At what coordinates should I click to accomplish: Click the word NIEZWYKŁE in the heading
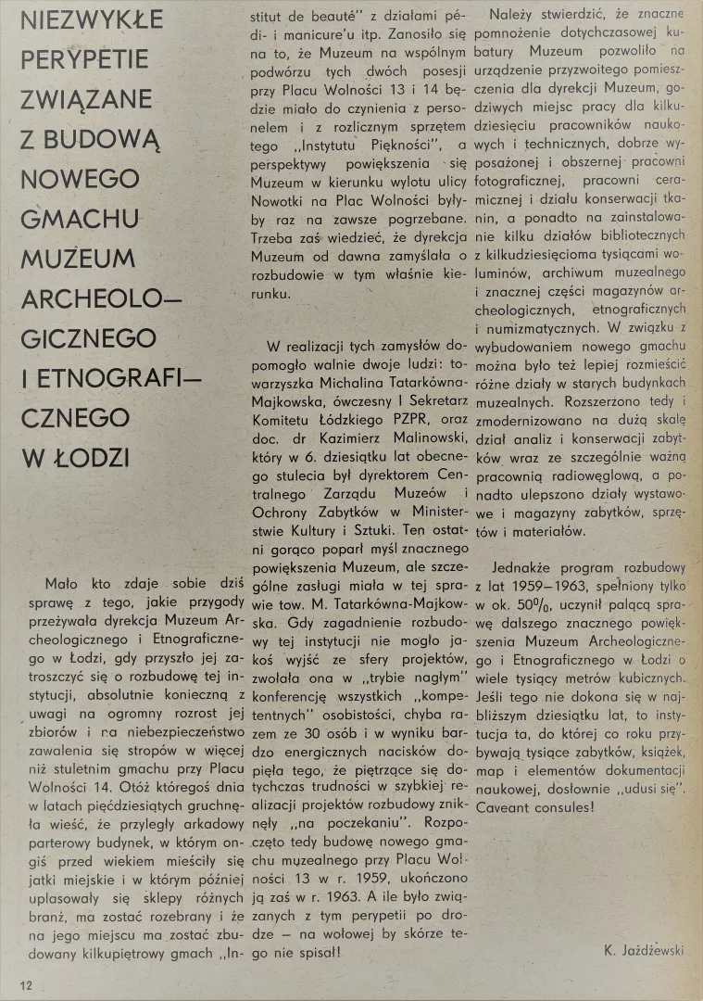92,19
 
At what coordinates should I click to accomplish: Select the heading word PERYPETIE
84,60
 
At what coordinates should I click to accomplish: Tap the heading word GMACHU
81,219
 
